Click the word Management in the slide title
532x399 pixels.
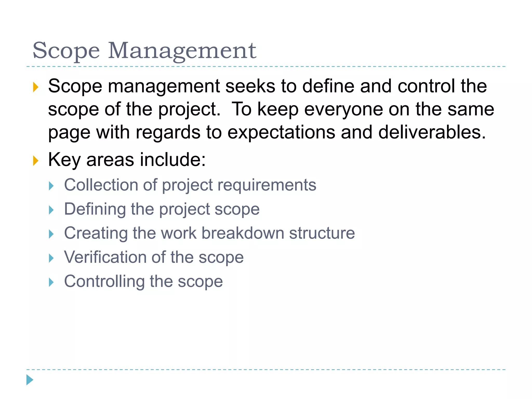182,51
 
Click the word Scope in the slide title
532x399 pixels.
66,51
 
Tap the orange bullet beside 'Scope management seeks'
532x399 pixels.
36,87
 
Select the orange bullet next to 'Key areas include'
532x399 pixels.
36,161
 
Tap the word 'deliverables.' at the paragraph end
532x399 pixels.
432,132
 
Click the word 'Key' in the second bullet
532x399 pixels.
64,159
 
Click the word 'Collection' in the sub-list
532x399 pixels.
101,185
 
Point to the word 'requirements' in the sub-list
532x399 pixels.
267,185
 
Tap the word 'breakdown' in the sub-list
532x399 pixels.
243,233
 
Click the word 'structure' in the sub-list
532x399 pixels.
322,233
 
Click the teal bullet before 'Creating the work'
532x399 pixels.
51,234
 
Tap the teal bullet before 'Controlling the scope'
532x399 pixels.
51,282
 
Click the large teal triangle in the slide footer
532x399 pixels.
30,380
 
